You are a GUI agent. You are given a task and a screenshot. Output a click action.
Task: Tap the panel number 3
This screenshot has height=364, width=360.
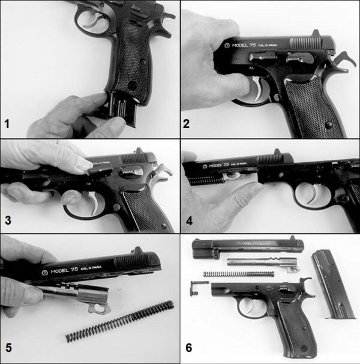(7, 221)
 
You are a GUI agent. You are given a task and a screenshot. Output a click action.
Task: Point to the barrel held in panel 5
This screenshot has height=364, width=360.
(78, 298)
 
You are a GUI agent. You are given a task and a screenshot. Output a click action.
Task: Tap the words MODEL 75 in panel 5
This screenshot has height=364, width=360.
(63, 271)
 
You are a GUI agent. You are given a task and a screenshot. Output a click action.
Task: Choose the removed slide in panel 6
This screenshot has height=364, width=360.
(249, 249)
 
